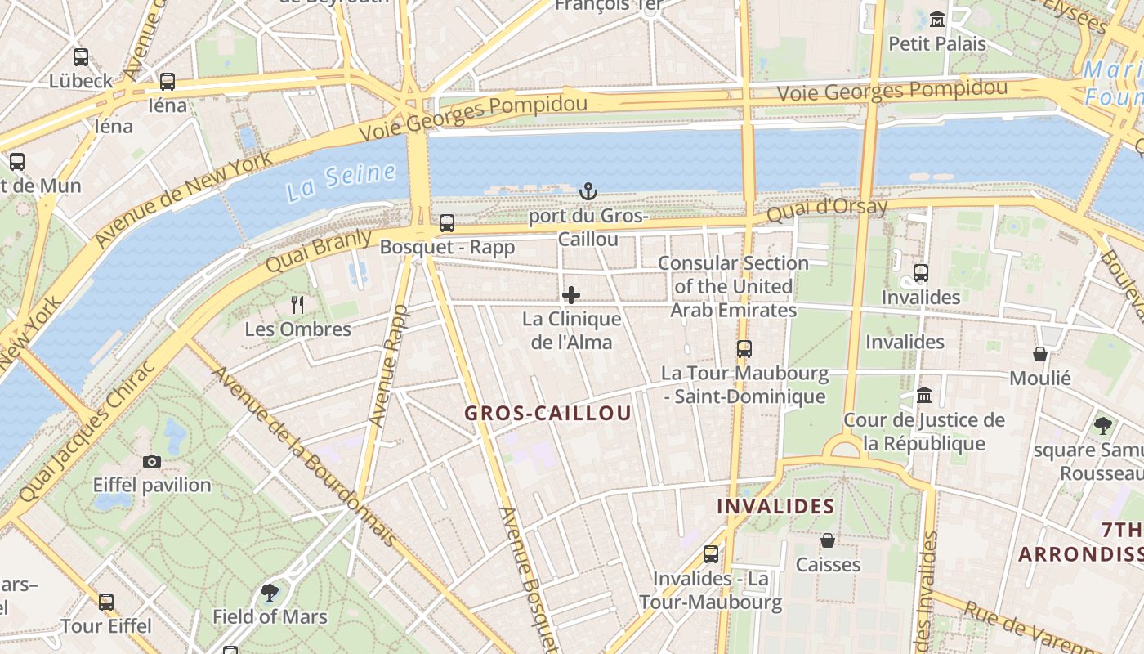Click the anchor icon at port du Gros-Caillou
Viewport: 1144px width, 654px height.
[588, 192]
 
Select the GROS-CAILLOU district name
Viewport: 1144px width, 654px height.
[547, 414]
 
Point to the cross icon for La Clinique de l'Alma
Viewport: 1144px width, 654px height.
[571, 295]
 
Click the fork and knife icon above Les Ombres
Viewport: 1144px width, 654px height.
[297, 305]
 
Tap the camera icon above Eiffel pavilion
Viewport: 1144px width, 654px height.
[151, 461]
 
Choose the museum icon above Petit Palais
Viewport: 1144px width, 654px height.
[937, 19]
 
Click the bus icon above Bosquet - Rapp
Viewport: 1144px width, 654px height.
[447, 222]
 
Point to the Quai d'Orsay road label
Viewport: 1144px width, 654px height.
[827, 210]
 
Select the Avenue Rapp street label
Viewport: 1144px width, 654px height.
[388, 365]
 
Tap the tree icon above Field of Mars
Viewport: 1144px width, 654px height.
[270, 592]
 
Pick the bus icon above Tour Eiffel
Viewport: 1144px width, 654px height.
[106, 602]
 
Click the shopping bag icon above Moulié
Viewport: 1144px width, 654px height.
[1040, 354]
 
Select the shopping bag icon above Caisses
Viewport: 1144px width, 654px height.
[828, 540]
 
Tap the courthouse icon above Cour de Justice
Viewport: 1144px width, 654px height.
[924, 396]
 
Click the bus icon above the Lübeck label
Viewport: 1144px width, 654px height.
[81, 57]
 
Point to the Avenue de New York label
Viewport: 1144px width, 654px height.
[181, 200]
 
